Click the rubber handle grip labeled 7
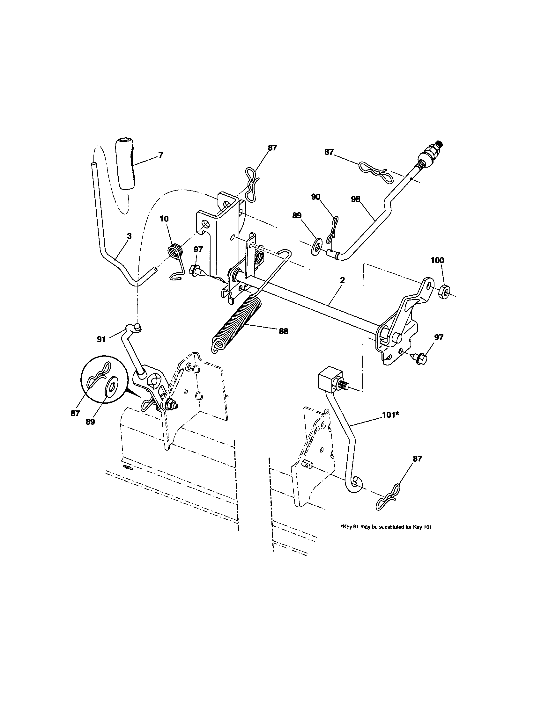(125, 164)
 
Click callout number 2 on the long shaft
(343, 280)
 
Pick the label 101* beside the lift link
(390, 415)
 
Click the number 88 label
(283, 331)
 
